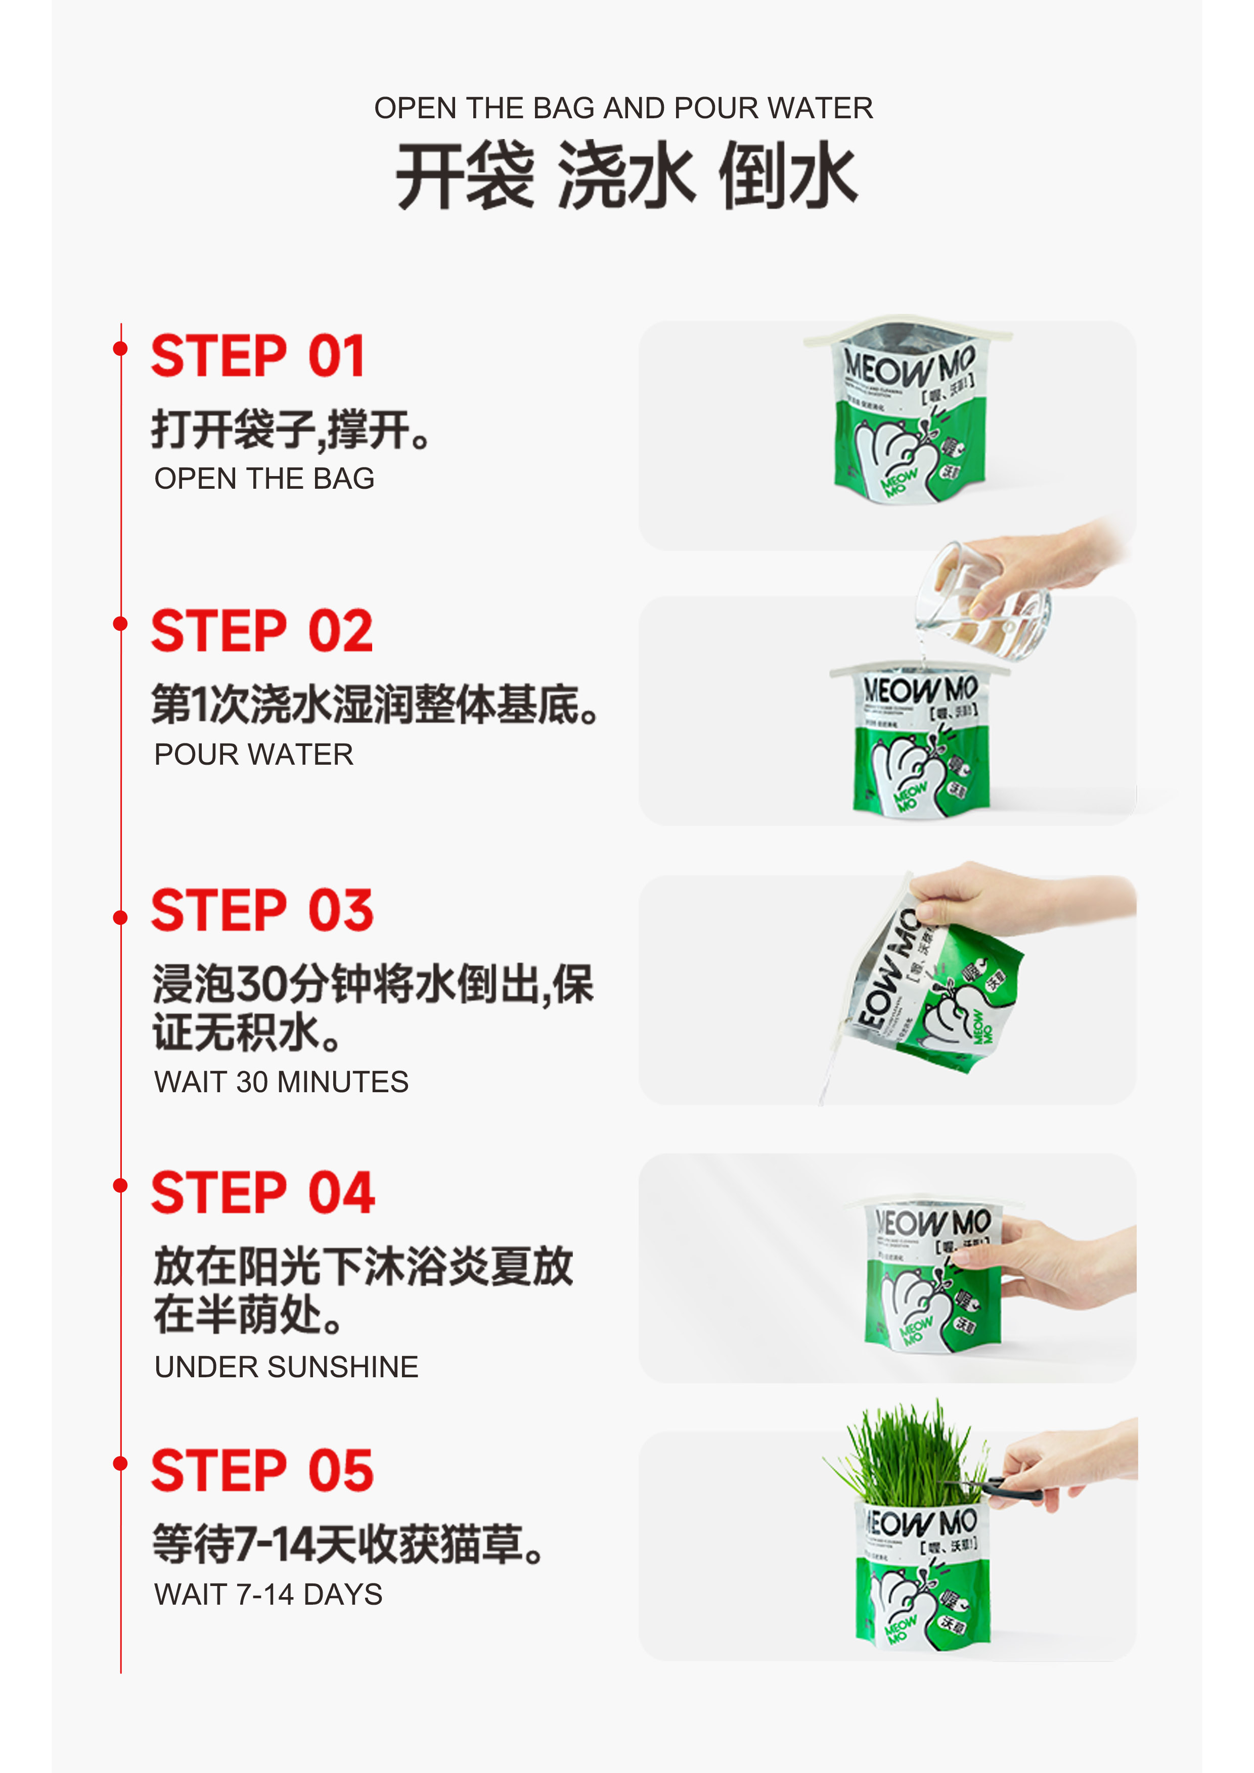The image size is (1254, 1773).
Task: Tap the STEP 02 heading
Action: (261, 631)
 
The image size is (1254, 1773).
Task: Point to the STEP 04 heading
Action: (263, 1192)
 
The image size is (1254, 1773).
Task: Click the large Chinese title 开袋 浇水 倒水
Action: (626, 175)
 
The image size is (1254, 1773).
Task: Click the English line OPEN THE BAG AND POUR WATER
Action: (623, 108)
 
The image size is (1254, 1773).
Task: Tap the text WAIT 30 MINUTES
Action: (281, 1082)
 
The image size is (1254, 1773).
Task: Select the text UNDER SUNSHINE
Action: (286, 1367)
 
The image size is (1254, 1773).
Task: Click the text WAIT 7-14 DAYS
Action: (268, 1595)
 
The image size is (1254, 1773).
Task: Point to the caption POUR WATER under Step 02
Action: (253, 755)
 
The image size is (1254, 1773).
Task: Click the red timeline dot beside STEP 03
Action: (120, 917)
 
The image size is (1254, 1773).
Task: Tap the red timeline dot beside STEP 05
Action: (120, 1463)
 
